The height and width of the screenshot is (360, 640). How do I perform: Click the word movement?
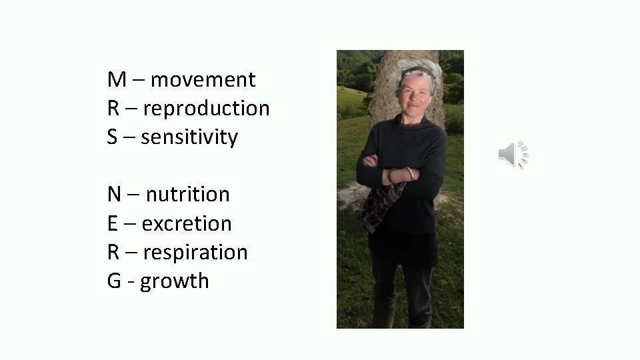(203, 80)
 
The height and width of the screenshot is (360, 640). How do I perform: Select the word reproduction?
(206, 109)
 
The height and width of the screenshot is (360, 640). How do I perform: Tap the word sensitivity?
(189, 137)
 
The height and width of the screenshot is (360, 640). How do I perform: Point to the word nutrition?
(187, 195)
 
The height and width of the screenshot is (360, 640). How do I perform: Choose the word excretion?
(187, 223)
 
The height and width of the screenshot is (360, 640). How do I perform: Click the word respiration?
(195, 253)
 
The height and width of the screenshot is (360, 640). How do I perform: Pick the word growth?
(175, 281)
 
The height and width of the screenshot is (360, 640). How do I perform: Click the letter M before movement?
(117, 80)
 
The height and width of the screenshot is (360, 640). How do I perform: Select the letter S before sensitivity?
(113, 137)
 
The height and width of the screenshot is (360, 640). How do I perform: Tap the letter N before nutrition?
(115, 195)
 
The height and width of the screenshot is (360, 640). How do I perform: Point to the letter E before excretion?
(113, 223)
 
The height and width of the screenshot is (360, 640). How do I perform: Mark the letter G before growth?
(114, 281)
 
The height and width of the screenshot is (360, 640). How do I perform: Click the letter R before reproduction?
(113, 109)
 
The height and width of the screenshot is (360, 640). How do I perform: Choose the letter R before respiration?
(113, 253)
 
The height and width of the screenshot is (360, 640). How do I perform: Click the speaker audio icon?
(513, 155)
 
